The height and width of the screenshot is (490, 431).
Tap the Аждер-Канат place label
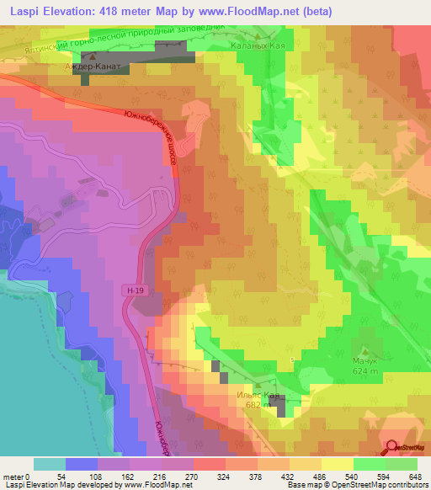[94, 65]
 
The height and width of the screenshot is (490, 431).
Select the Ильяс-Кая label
[257, 394]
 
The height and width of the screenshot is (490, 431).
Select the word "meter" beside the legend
[13, 477]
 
